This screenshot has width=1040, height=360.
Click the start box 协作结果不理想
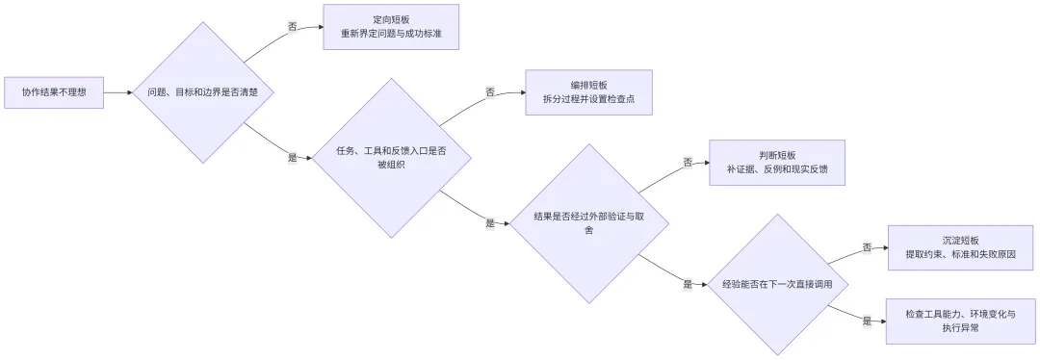54,92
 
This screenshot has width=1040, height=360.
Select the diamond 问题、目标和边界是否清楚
202,92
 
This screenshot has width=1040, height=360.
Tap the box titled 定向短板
391,27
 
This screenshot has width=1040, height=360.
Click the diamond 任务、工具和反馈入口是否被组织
392,159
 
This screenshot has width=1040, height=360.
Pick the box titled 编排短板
589,92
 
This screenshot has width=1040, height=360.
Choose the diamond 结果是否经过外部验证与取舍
589,223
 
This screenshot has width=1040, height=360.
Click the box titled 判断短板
777,163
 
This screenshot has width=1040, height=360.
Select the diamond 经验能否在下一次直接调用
777,284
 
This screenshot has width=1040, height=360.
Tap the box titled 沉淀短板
960,247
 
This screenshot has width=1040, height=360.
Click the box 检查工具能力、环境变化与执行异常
960,321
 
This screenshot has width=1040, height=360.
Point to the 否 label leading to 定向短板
293,27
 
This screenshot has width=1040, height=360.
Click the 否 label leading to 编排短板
490,92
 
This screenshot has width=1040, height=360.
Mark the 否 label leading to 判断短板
688,163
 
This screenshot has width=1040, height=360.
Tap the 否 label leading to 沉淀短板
867,248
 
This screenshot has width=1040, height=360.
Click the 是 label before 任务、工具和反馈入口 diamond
293,159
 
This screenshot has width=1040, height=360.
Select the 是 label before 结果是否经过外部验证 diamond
490,223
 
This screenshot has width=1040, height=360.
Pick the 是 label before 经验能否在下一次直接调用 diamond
688,284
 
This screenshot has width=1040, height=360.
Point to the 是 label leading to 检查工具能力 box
867,321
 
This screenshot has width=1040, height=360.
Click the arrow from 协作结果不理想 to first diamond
118,92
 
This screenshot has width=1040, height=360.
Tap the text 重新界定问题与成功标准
391,33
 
